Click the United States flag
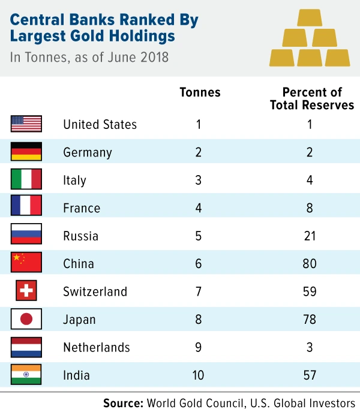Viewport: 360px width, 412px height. tap(26, 124)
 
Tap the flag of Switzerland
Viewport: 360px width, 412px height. tap(26, 291)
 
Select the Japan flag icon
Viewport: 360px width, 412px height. tap(26, 319)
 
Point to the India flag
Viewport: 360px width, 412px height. tap(26, 375)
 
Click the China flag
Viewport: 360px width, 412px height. tap(26, 263)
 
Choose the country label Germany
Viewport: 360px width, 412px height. tap(88, 152)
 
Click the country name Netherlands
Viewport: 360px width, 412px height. tap(96, 347)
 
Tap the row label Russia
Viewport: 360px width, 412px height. tap(80, 236)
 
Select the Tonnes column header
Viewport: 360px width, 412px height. tap(200, 92)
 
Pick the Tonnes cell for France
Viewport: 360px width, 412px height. tap(199, 208)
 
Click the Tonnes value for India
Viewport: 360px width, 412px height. tap(199, 375)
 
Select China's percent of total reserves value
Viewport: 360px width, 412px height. tap(310, 264)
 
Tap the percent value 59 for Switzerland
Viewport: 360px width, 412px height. tap(310, 291)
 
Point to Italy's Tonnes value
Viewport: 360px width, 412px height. tap(199, 180)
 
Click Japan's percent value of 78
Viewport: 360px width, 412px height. tap(310, 320)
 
